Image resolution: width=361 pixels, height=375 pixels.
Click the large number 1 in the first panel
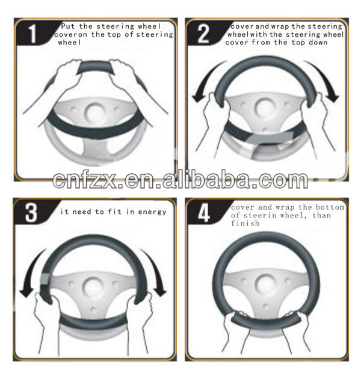tap(32, 34)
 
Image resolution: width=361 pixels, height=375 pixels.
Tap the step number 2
tap(203, 34)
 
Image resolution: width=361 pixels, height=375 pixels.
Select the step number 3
tap(31, 213)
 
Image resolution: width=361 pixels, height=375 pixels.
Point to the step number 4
tap(204, 213)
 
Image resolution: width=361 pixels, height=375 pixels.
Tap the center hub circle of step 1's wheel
tap(95, 112)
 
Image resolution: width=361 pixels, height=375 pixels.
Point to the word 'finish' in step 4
tap(245, 223)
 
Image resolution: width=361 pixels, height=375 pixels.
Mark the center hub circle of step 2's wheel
tap(265, 108)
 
